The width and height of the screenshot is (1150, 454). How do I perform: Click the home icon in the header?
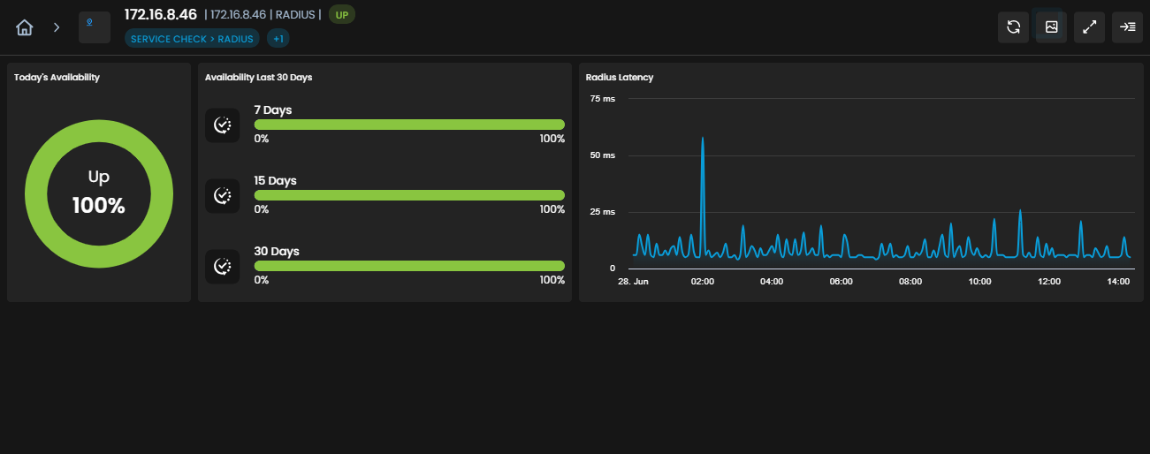(24, 27)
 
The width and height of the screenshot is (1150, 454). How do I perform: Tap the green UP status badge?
(341, 15)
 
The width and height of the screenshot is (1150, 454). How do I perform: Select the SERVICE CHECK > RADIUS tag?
(192, 39)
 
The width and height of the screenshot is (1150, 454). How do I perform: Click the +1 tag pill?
(278, 39)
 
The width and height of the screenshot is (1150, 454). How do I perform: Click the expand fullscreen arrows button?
(1089, 27)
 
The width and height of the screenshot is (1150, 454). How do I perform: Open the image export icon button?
(1051, 27)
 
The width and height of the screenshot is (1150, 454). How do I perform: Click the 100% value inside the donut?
(99, 206)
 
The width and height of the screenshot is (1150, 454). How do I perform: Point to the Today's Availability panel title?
(57, 78)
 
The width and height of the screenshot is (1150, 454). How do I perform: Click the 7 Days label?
(272, 110)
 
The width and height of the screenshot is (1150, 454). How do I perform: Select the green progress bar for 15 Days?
(409, 195)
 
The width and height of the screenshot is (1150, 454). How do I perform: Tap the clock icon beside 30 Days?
(222, 267)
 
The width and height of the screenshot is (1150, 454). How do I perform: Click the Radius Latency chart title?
(619, 78)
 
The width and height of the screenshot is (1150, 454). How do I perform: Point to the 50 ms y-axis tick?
(602, 155)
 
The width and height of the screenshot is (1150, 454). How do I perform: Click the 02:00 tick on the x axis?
(703, 282)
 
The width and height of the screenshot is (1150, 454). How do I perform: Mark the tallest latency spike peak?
(703, 138)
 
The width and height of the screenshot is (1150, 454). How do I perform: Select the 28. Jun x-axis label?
(633, 282)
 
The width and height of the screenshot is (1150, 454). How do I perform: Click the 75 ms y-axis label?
(602, 99)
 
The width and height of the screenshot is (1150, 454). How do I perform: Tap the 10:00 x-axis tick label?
(979, 282)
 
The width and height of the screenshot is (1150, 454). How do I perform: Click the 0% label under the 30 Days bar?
(262, 280)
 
